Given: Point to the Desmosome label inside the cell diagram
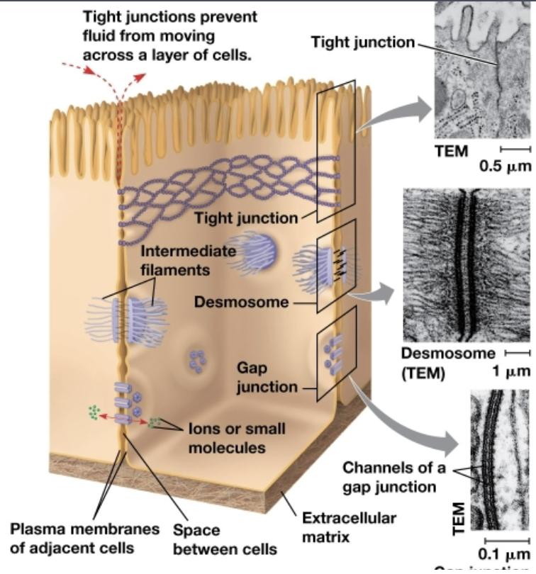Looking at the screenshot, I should point(241,303).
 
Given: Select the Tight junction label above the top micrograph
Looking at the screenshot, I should point(362,43).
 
